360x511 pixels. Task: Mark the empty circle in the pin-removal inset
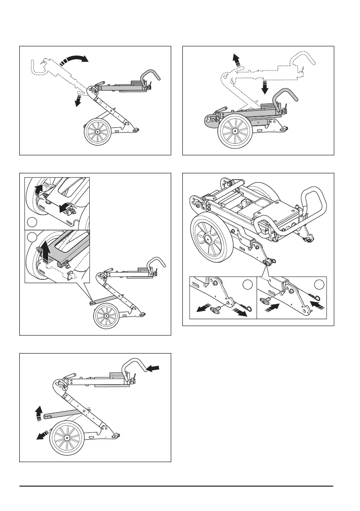tap(246, 285)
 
